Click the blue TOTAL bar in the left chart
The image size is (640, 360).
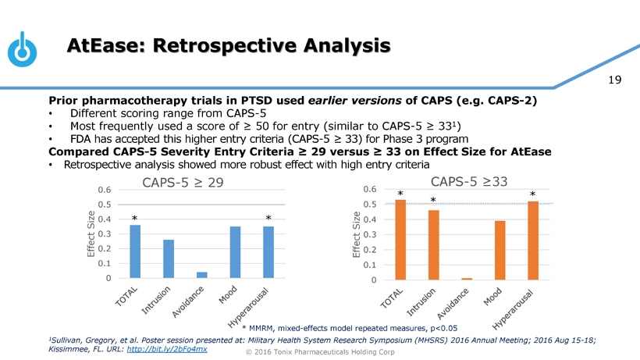point(135,251)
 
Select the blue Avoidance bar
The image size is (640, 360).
point(202,275)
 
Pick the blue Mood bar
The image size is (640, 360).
point(235,252)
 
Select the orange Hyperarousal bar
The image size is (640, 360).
point(533,241)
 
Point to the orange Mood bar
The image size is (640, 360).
point(500,250)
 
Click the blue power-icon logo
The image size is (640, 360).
point(23,49)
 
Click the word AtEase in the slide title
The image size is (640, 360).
point(105,45)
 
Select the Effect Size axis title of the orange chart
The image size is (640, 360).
point(357,233)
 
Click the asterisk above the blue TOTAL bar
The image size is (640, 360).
point(135,218)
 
